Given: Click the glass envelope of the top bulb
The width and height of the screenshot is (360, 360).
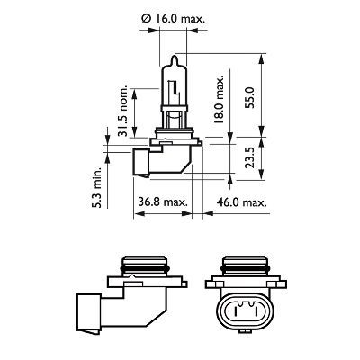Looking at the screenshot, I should [x=173, y=85].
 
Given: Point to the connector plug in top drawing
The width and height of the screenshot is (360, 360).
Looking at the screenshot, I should [x=141, y=163].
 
